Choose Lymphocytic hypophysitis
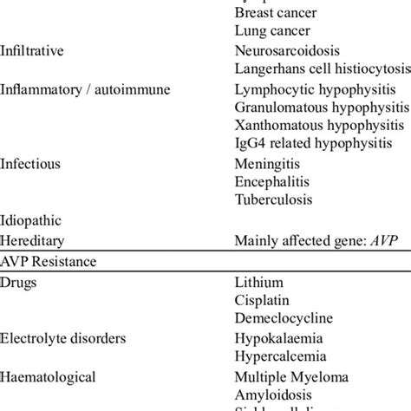[316, 88]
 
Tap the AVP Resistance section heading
[48, 259]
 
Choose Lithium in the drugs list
[259, 282]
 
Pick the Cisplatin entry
[264, 300]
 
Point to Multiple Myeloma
[292, 376]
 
